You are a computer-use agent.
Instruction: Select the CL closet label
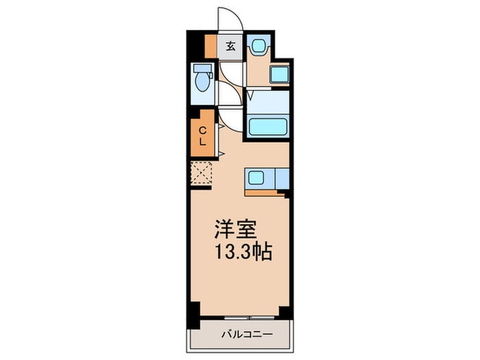[x=203, y=136]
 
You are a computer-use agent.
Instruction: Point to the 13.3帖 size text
[x=243, y=251]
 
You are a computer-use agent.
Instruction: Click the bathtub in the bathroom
[x=268, y=126]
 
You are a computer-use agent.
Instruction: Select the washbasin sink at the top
[x=259, y=47]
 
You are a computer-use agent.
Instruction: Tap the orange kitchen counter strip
[x=265, y=192]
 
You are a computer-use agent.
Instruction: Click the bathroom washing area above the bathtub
[x=268, y=102]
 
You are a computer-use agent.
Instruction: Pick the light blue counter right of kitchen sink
[x=280, y=178]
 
